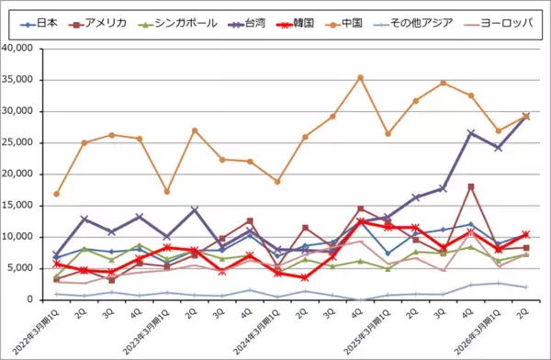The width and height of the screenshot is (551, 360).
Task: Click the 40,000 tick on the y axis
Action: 26,49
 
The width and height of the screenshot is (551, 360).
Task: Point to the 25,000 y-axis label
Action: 26,142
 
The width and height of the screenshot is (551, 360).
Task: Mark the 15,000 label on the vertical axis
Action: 26,206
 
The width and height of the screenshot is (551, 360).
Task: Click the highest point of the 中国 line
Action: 360,77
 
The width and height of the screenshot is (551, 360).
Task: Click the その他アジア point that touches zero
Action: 360,299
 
